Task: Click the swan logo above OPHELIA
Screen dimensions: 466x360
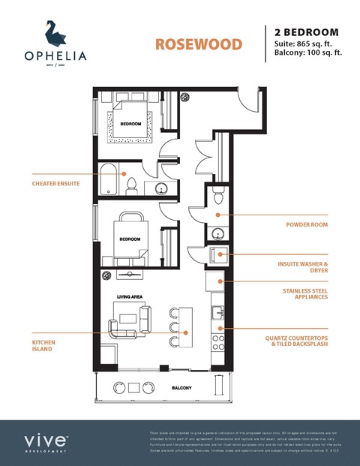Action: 54,33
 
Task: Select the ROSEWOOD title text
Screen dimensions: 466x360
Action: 198,44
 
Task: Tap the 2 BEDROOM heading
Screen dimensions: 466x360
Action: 306,32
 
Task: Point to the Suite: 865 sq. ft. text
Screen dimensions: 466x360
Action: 307,44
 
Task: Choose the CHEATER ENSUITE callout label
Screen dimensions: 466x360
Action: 55,182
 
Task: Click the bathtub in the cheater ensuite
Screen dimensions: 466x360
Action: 112,180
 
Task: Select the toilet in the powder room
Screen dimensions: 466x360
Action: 217,197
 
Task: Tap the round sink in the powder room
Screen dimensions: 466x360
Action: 218,233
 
